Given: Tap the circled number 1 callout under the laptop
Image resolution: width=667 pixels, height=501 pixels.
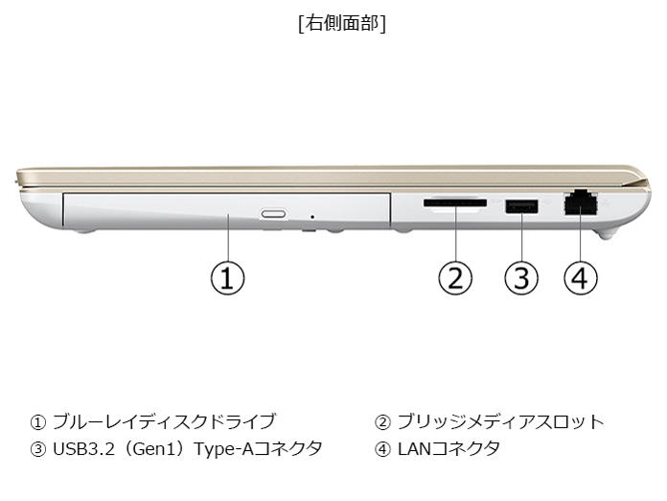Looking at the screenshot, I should click(227, 278).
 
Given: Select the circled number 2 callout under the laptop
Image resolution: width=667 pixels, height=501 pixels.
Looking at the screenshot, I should click(456, 278).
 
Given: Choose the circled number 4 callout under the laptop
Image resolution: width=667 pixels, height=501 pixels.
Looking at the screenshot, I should click(580, 278).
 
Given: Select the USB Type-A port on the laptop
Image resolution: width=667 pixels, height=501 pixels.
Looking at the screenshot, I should click(521, 204).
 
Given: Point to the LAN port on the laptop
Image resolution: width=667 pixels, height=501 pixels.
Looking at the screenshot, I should click(578, 203).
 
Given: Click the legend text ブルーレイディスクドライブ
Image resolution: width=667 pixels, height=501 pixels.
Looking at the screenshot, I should click(164, 421).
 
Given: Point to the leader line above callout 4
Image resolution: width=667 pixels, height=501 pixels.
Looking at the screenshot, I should click(580, 240).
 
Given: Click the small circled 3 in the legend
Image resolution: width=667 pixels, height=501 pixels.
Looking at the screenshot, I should click(38, 448).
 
